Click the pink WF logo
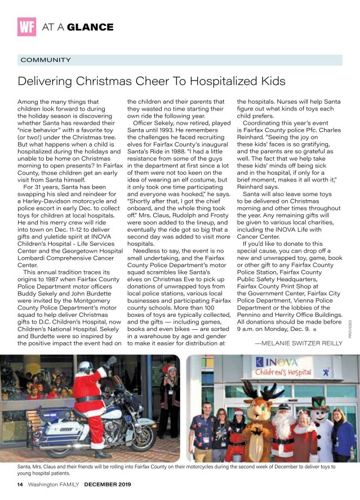(26, 26)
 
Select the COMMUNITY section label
(46, 60)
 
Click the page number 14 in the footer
(20, 484)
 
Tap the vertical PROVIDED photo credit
(350, 329)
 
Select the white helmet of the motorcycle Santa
(86, 366)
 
